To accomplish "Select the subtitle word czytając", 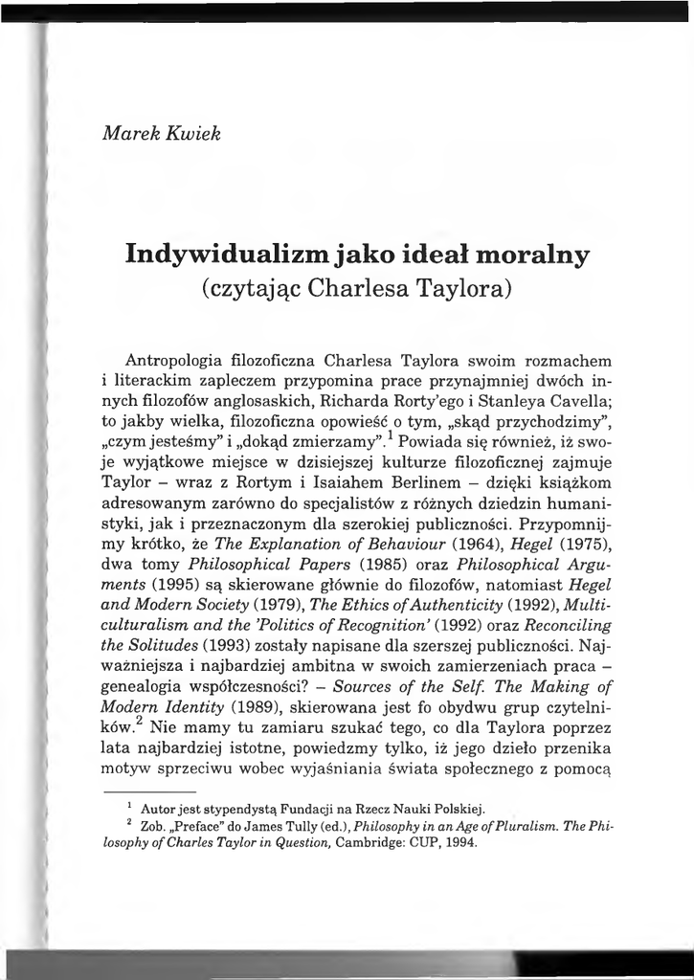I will [256, 288].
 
